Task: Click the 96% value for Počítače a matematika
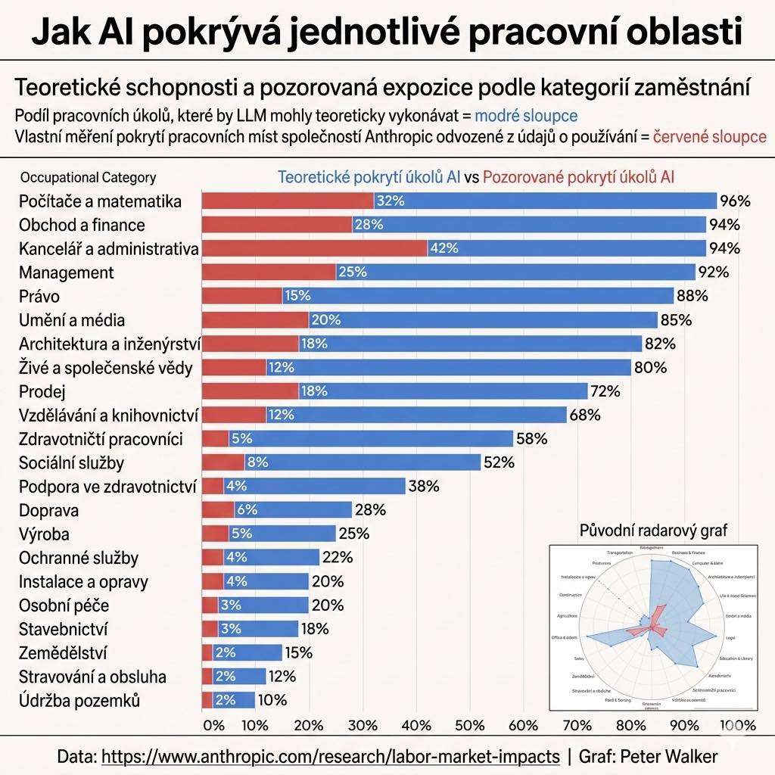click(735, 201)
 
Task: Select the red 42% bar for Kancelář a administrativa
click(314, 248)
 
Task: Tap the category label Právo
click(39, 296)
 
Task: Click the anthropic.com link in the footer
click(331, 756)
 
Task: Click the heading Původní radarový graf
click(652, 531)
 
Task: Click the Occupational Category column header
click(88, 178)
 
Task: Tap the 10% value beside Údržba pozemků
click(273, 700)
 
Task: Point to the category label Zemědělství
click(63, 652)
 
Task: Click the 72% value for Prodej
click(605, 391)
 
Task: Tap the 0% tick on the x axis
click(214, 725)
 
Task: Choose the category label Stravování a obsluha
click(92, 677)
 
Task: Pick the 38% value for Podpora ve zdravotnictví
click(424, 487)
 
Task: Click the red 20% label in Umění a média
click(325, 320)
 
